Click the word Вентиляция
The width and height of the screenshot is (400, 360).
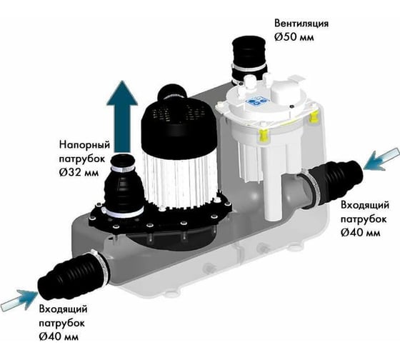301,24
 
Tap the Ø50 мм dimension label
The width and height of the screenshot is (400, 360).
294,37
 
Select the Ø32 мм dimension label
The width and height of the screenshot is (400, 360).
79,172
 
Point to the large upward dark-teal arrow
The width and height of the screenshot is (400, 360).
122,116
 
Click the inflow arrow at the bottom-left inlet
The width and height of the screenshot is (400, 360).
20,300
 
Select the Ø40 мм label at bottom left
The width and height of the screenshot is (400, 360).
59,336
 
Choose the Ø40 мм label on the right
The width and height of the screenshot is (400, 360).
361,232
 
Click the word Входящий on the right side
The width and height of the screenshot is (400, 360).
365,206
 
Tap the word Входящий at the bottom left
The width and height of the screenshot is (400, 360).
64,309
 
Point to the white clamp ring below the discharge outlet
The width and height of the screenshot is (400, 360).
123,211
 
